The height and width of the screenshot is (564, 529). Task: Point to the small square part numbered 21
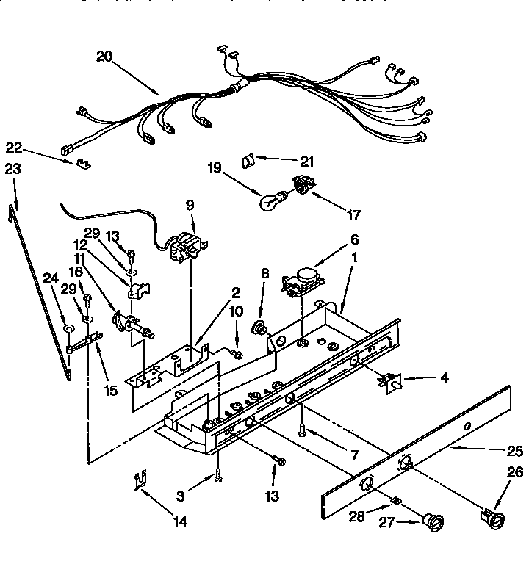[x=249, y=159]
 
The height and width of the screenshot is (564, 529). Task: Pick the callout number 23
[x=12, y=169]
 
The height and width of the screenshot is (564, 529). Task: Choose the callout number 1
[x=355, y=258]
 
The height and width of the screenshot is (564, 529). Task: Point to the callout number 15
[x=110, y=391]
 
